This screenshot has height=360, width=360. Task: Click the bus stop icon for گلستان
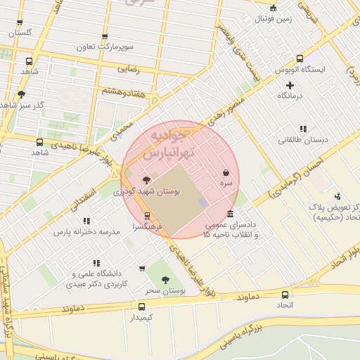20,22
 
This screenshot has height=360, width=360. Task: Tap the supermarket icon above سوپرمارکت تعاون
105,37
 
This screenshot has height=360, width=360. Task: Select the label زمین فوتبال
273,18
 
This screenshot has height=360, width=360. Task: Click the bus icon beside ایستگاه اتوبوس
300,59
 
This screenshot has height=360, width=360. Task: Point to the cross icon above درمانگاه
289,84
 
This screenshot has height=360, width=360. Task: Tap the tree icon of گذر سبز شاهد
21,94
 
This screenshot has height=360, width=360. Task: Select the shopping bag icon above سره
226,172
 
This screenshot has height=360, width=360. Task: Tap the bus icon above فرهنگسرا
147,216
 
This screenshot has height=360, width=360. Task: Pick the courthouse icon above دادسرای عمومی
230,214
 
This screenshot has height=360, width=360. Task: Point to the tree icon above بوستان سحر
165,280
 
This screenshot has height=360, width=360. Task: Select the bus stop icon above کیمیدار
141,307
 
